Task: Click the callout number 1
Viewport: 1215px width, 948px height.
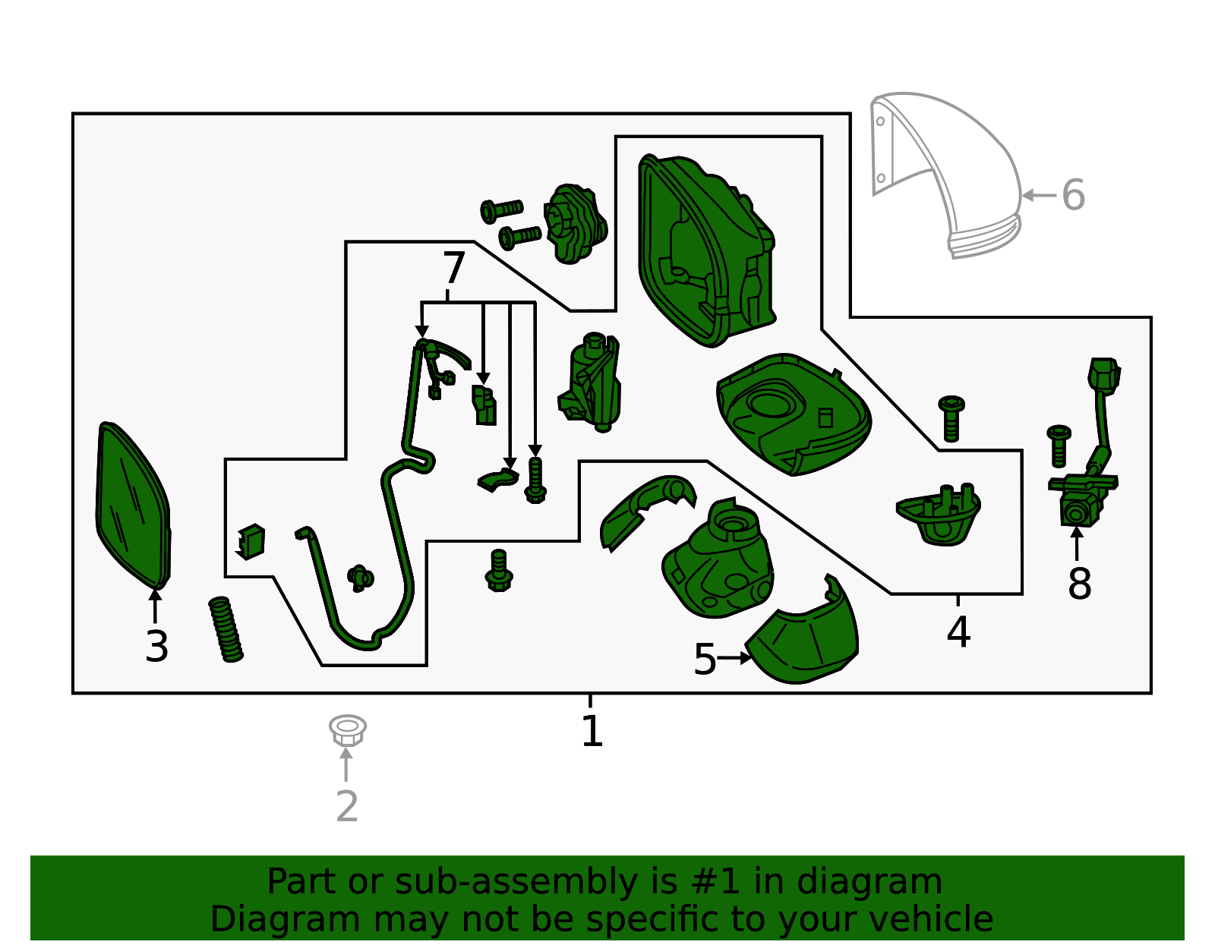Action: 592,731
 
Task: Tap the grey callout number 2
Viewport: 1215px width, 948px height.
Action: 347,806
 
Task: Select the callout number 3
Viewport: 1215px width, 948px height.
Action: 156,647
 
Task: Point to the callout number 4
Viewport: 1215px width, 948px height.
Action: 958,631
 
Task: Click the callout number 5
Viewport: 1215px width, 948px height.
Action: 705,659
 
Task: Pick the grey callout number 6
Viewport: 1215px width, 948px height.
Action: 1073,195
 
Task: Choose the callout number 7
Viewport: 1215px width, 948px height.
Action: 453,268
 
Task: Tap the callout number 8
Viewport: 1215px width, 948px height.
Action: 1079,584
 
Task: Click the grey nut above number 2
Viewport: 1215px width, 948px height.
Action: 347,729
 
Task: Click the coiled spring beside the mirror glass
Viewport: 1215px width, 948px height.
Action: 226,629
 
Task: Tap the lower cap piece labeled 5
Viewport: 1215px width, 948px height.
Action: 803,631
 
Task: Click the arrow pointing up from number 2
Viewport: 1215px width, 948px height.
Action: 346,764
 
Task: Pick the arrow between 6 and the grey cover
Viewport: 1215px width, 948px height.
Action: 1039,196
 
